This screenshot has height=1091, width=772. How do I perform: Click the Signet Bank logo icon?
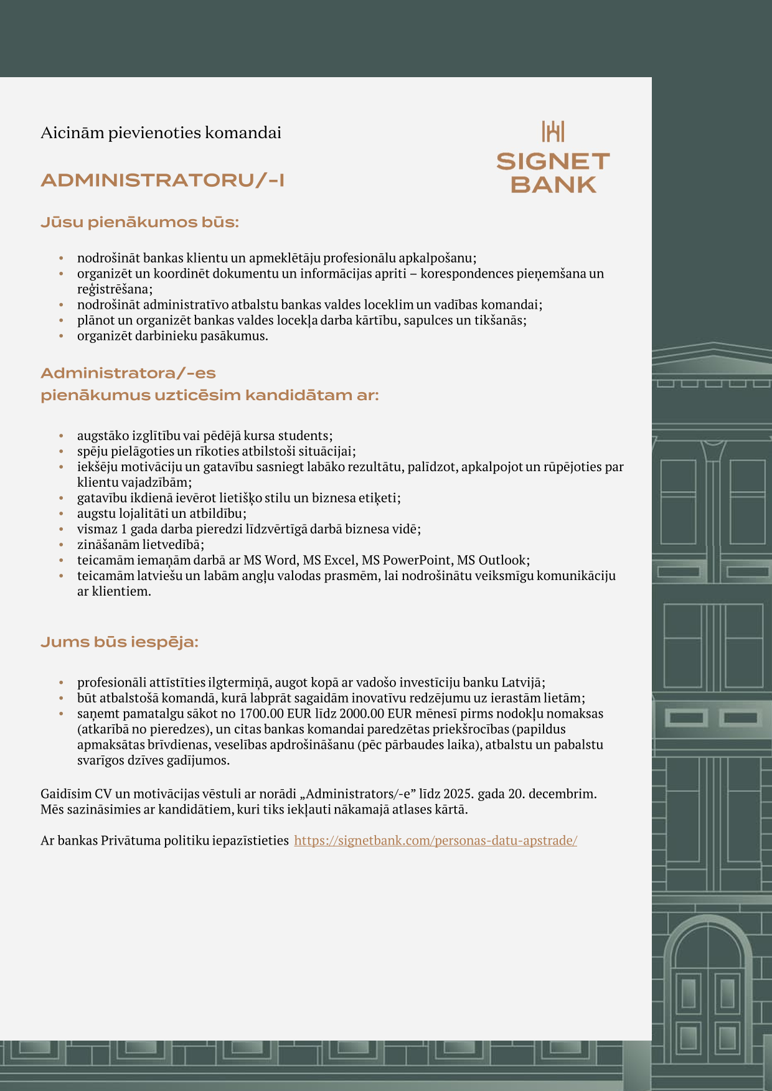tap(553, 131)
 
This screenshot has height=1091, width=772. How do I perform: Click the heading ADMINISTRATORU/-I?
tap(162, 180)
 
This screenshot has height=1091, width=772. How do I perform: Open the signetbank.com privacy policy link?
tap(435, 840)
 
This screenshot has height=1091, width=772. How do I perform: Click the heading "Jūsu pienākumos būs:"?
tap(139, 222)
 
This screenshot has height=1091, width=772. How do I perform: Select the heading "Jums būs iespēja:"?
tap(119, 642)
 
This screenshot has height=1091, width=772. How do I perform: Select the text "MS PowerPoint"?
tap(406, 560)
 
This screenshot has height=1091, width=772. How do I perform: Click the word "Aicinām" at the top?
tap(68, 133)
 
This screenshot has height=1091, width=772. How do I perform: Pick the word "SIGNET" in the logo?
tap(553, 162)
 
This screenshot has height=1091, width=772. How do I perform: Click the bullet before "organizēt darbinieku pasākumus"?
tap(61, 336)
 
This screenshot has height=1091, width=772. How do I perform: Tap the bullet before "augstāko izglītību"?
tap(61, 436)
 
